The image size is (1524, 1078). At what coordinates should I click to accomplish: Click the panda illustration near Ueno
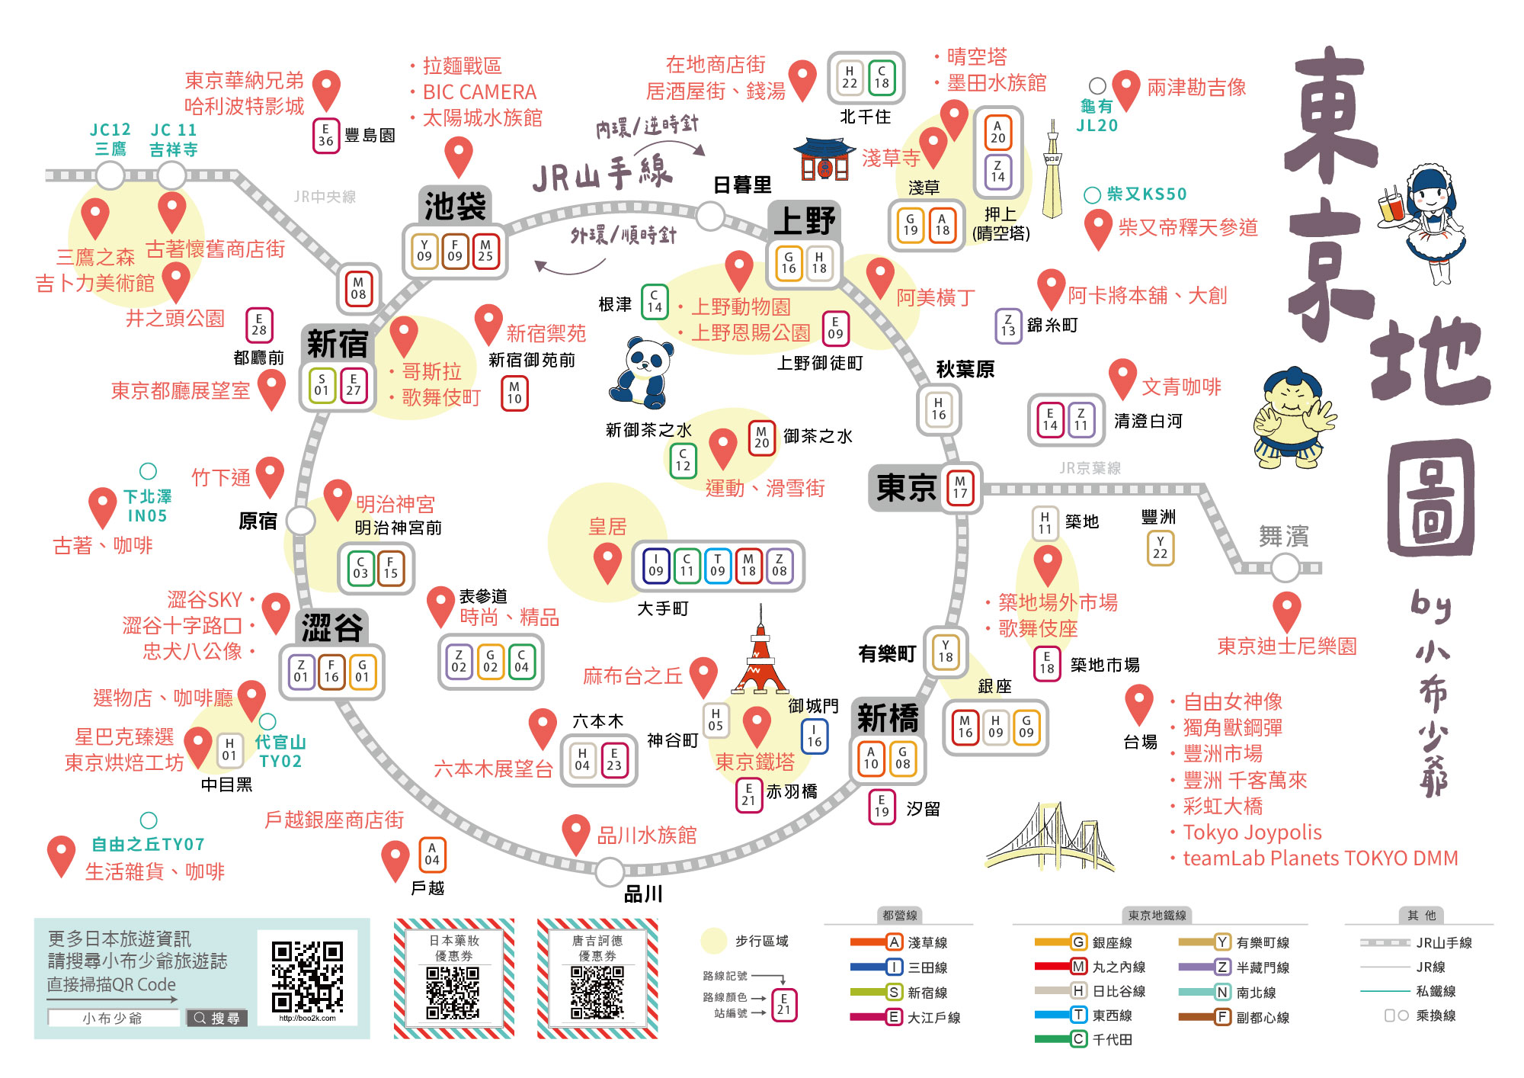pyautogui.click(x=642, y=374)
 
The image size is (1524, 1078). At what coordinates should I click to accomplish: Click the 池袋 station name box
pyautogui.click(x=455, y=206)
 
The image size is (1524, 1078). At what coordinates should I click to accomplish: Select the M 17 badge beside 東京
pyautogui.click(x=960, y=487)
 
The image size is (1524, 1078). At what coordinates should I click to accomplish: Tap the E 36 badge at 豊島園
pyautogui.click(x=326, y=136)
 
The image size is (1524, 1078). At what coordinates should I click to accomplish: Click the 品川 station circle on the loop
pyautogui.click(x=610, y=871)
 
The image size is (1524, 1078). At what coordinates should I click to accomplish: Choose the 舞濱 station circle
pyautogui.click(x=1285, y=567)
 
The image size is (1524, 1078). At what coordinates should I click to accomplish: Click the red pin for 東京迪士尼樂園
pyautogui.click(x=1286, y=611)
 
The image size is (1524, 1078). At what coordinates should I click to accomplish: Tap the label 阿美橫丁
pyautogui.click(x=935, y=297)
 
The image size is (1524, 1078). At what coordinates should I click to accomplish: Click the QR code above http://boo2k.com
pyautogui.click(x=307, y=976)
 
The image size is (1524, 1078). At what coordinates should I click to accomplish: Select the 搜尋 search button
pyautogui.click(x=217, y=1018)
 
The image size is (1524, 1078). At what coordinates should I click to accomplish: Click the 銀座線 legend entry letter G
pyautogui.click(x=1078, y=942)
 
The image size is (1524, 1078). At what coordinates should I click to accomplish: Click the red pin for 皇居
pyautogui.click(x=607, y=563)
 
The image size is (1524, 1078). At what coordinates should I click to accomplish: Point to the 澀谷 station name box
pyautogui.click(x=331, y=628)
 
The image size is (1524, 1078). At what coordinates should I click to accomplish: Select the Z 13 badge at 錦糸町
pyautogui.click(x=1008, y=326)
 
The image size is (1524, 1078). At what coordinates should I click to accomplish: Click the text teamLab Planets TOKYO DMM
pyautogui.click(x=1320, y=858)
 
